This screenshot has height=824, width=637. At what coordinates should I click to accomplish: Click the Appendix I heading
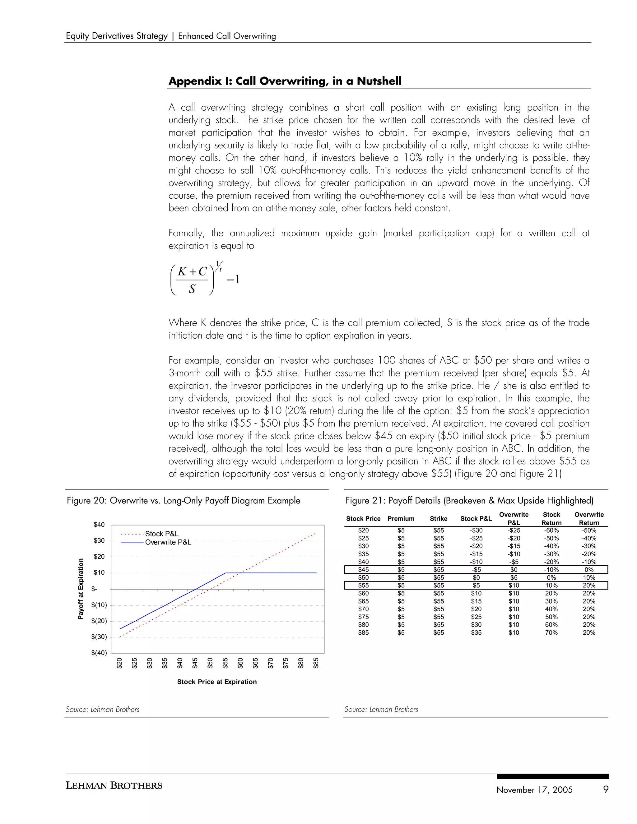[x=285, y=81]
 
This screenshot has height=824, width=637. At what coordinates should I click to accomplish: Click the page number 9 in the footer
[x=606, y=789]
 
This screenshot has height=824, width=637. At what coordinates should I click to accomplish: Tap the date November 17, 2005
[x=534, y=790]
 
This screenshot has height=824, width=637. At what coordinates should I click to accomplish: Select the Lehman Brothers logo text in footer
[x=114, y=785]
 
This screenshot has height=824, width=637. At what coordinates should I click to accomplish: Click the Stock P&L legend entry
[x=161, y=534]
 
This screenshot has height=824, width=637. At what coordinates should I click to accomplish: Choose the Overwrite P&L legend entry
[x=168, y=542]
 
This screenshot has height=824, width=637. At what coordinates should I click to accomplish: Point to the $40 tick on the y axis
[x=99, y=525]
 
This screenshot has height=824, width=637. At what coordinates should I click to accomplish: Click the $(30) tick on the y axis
[x=99, y=637]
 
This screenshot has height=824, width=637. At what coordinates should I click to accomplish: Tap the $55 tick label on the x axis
[x=225, y=663]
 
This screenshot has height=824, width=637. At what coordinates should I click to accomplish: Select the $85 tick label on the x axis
[x=316, y=663]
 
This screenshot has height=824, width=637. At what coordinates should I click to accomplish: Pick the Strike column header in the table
[x=439, y=519]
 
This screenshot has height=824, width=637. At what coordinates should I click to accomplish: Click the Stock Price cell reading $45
[x=363, y=570]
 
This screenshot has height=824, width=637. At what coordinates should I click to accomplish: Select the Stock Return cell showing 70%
[x=551, y=633]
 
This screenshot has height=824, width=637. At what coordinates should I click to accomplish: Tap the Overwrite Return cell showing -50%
[x=589, y=530]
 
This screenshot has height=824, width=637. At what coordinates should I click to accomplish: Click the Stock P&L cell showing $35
[x=476, y=633]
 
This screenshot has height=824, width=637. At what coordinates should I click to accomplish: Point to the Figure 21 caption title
[x=469, y=501]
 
